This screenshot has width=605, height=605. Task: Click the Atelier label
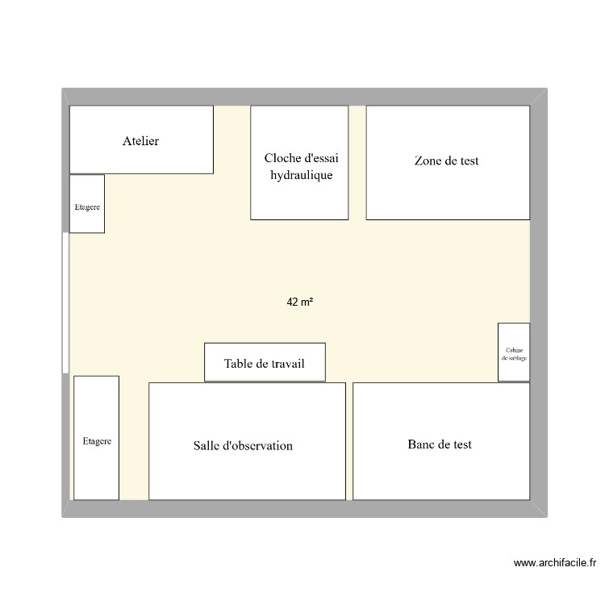(141, 141)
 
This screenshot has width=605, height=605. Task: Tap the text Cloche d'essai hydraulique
(301, 166)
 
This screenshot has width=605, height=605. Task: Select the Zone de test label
(446, 161)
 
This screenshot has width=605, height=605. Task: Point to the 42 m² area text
(299, 302)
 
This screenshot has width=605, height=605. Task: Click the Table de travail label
(265, 364)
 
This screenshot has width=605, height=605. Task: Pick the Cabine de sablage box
(514, 352)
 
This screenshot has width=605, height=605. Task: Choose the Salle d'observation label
(243, 445)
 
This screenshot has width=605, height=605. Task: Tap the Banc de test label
(440, 444)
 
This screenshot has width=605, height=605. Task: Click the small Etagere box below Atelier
(87, 207)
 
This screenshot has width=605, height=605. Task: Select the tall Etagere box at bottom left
(97, 441)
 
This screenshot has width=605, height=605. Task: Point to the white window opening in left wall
(65, 302)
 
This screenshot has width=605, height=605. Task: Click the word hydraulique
(301, 175)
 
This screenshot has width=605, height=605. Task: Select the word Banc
(423, 444)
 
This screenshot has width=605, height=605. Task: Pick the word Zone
(428, 161)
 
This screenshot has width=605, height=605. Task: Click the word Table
(240, 364)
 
